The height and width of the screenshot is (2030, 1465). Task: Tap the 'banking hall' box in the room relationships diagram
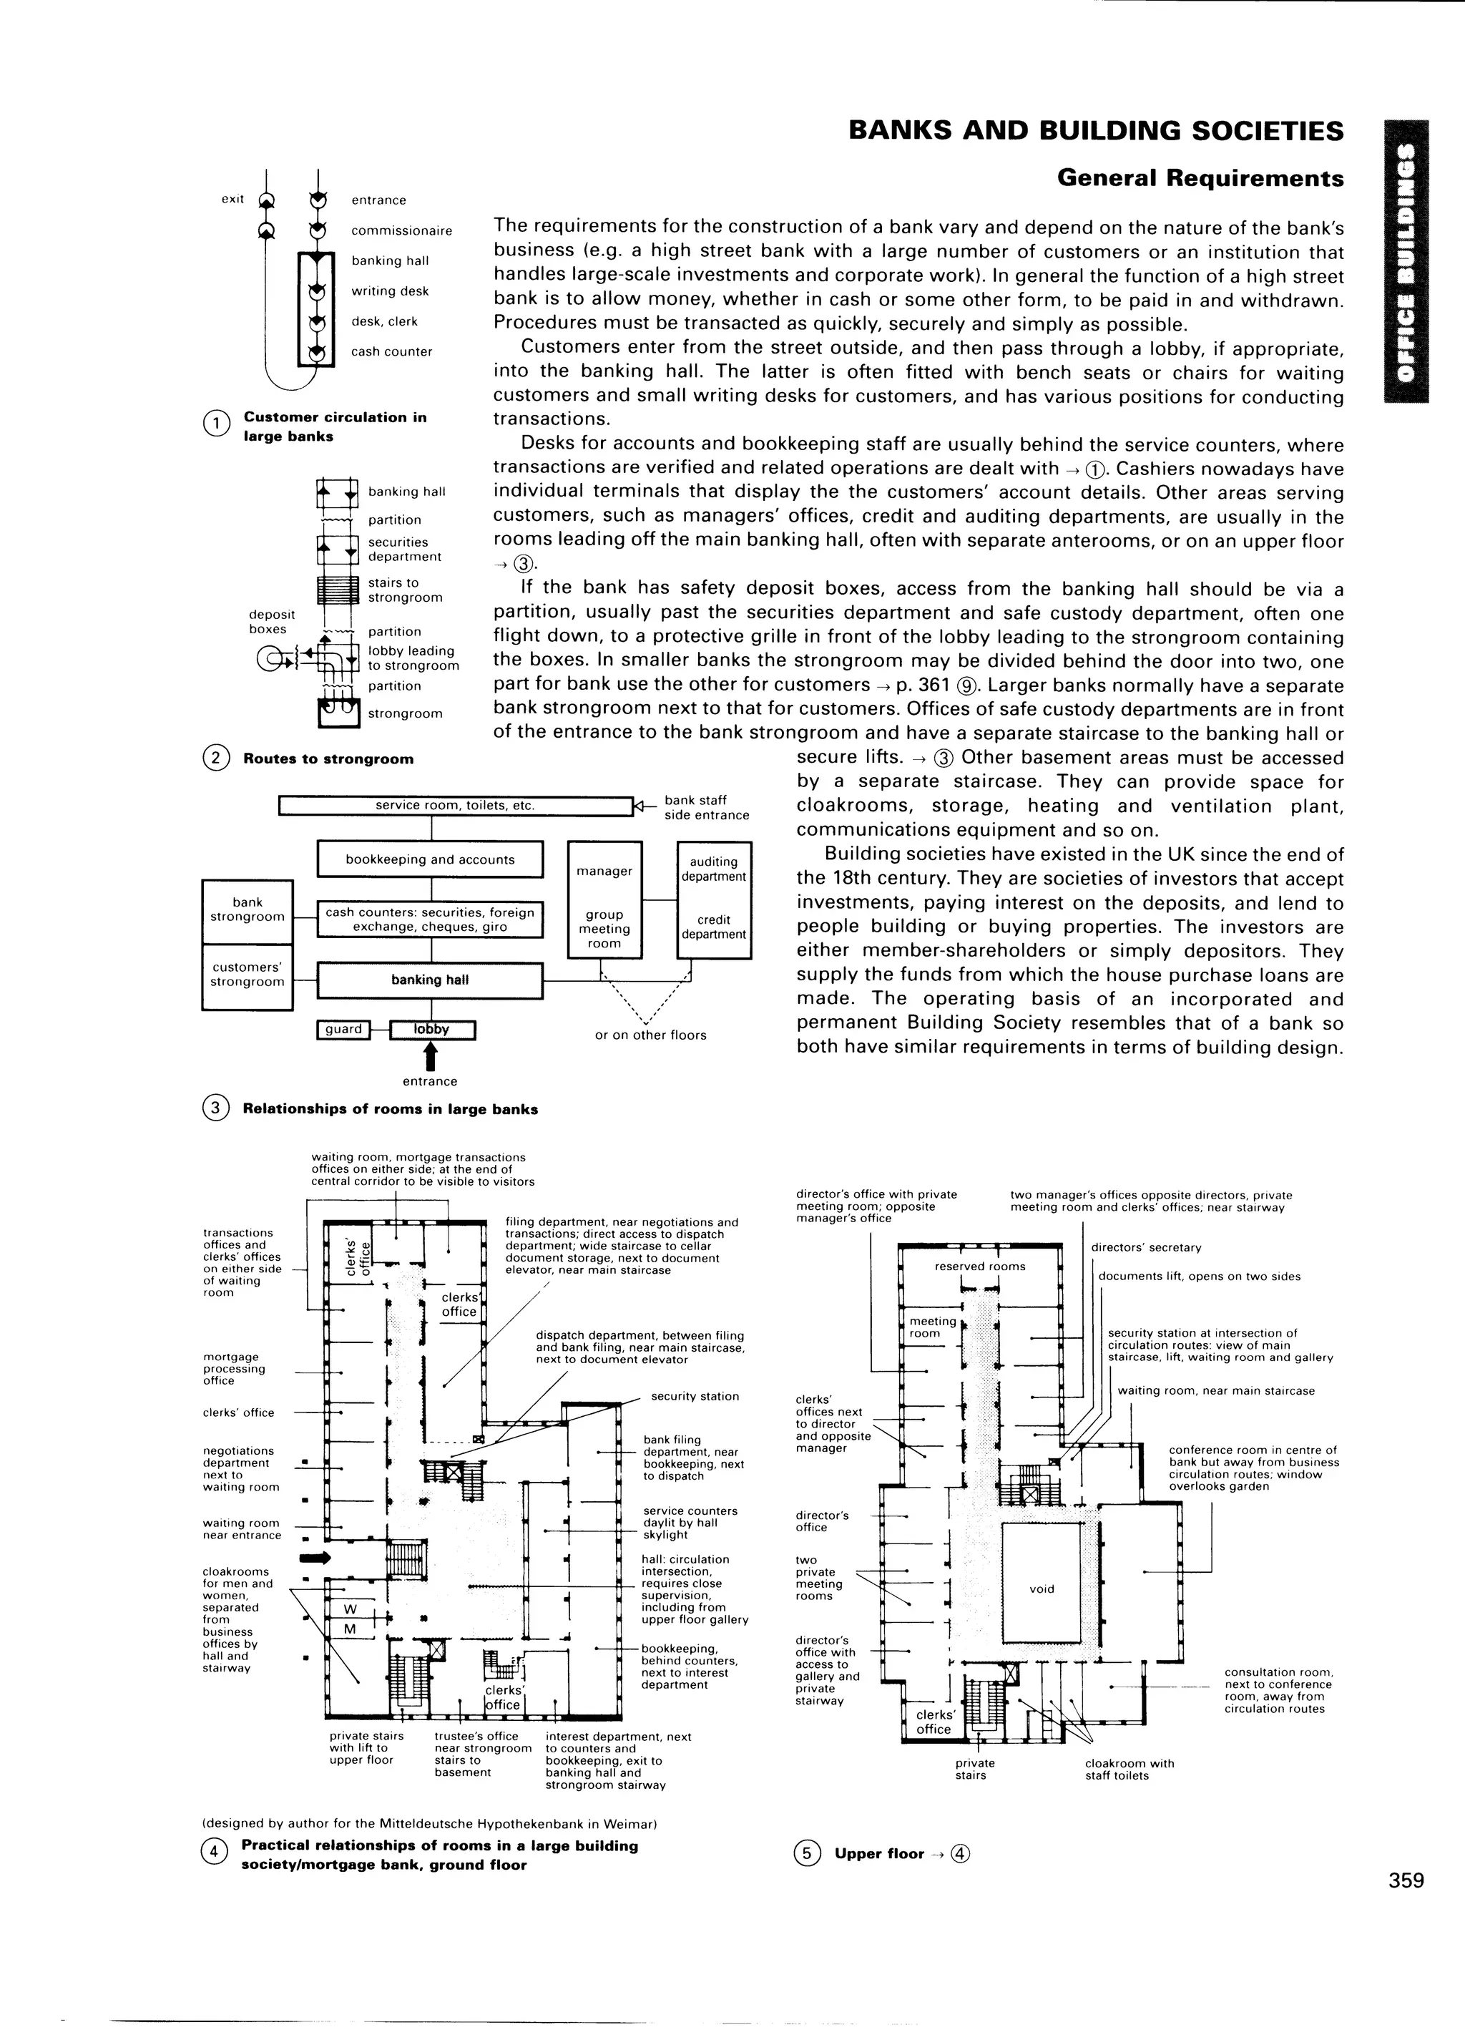(430, 980)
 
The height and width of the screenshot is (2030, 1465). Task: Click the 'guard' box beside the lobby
(343, 1030)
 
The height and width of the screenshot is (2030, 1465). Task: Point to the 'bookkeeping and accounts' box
(430, 859)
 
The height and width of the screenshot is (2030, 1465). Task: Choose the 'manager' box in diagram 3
(605, 871)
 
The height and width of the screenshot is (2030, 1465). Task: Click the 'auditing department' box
(713, 869)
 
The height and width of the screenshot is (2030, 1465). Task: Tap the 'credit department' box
(713, 927)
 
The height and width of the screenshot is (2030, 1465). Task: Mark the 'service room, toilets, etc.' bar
(455, 806)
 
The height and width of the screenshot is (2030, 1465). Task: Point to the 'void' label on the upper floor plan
(1042, 1589)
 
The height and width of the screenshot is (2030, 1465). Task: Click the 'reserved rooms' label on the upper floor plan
(980, 1266)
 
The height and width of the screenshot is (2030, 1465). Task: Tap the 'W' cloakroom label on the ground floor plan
(350, 1609)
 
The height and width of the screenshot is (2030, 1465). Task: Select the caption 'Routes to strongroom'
(328, 759)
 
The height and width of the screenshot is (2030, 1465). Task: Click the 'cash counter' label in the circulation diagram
(391, 352)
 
